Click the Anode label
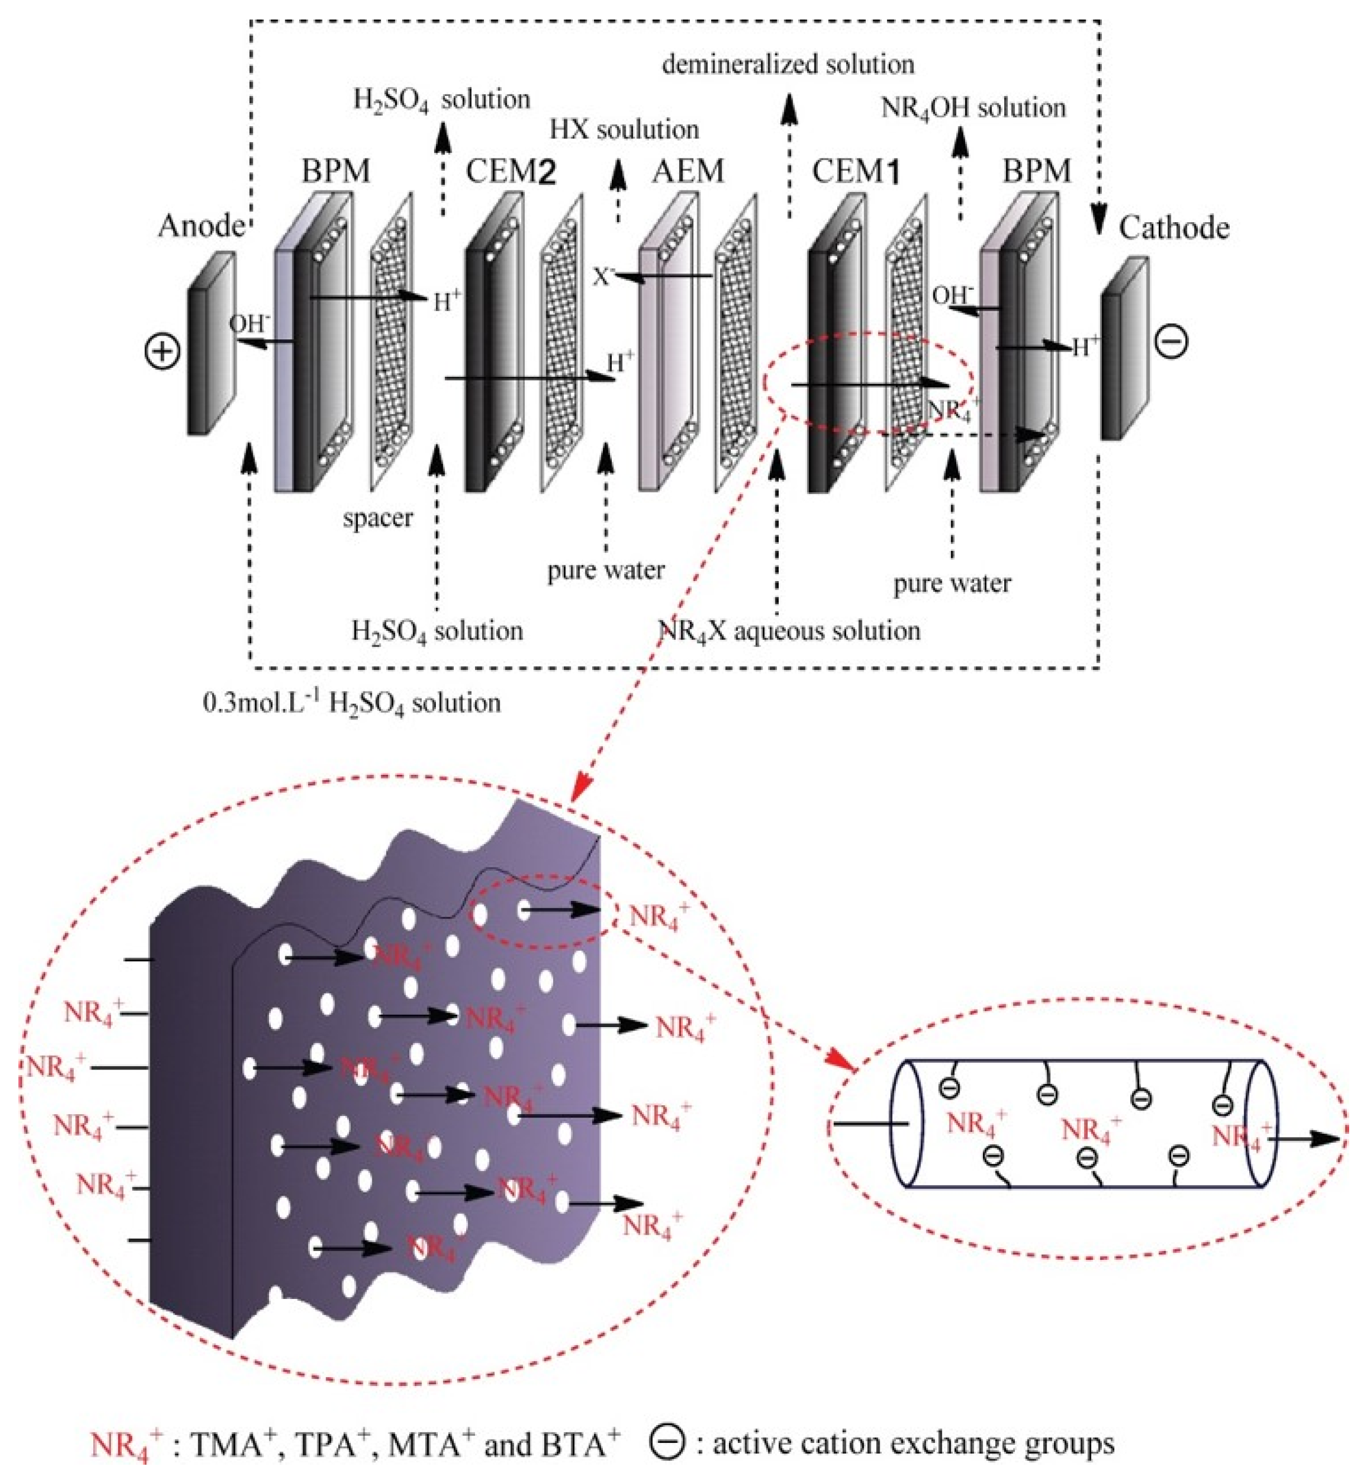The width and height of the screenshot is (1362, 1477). pyautogui.click(x=200, y=226)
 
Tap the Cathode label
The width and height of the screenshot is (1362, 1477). pyautogui.click(x=1173, y=228)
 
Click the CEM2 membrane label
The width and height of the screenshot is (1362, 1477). pyautogui.click(x=510, y=172)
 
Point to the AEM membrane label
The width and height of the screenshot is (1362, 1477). pyautogui.click(x=688, y=172)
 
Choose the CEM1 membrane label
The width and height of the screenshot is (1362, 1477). pyautogui.click(x=856, y=172)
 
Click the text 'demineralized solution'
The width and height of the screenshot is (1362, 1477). pyautogui.click(x=788, y=65)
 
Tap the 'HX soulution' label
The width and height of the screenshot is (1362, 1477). pyautogui.click(x=624, y=130)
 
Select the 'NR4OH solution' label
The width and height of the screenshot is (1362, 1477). pyautogui.click(x=973, y=108)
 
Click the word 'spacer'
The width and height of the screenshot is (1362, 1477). pyautogui.click(x=377, y=518)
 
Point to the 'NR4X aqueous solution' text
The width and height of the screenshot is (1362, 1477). pyautogui.click(x=789, y=631)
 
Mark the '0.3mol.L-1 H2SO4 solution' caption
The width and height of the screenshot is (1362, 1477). pyautogui.click(x=352, y=703)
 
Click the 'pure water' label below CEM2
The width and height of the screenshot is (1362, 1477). pyautogui.click(x=606, y=570)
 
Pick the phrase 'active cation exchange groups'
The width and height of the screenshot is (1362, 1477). pyautogui.click(x=913, y=1443)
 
